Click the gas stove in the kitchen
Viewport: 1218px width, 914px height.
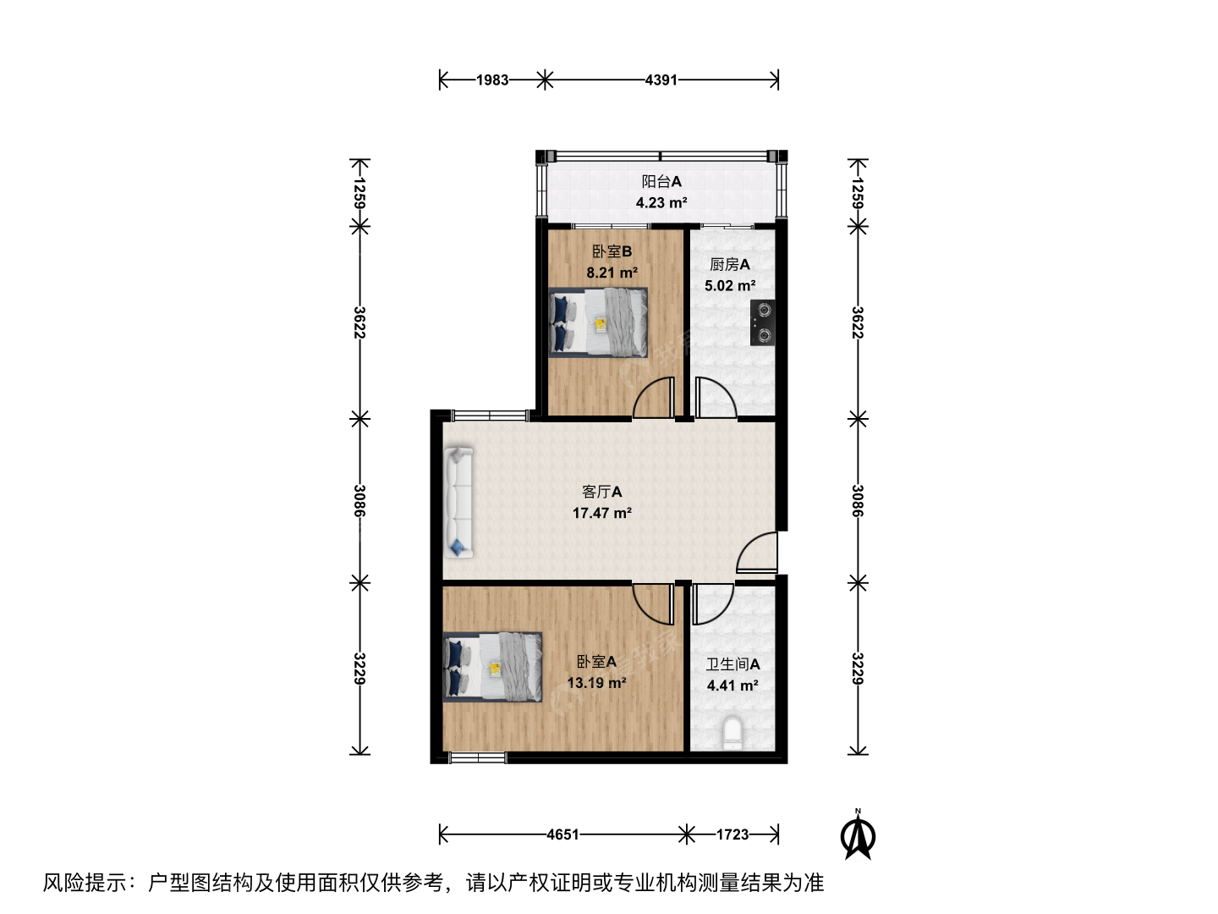762,322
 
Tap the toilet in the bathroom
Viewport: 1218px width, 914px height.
732,733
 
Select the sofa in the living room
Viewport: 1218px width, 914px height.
458,502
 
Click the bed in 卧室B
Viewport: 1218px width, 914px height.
598,322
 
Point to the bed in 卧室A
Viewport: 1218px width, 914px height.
493,667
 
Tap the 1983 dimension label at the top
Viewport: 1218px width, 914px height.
492,80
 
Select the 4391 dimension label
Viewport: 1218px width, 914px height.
661,80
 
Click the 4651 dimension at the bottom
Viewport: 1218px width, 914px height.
562,834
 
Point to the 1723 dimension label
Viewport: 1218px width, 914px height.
732,834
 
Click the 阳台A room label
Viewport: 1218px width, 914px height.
661,181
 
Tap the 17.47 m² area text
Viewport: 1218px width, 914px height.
602,513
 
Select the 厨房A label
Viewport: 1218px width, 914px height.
730,265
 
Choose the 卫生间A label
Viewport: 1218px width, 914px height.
732,664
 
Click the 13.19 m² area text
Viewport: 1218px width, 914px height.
596,683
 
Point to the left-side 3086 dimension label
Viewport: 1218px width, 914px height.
359,501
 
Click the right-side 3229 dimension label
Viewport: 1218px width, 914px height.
858,669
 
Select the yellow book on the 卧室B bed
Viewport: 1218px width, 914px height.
601,324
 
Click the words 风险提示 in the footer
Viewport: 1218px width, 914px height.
85,883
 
